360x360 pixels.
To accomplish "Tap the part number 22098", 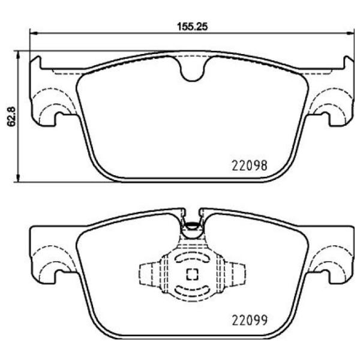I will click(x=249, y=163).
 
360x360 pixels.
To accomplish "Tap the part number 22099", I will click(x=249, y=319).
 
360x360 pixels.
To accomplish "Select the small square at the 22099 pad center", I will click(x=192, y=275).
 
